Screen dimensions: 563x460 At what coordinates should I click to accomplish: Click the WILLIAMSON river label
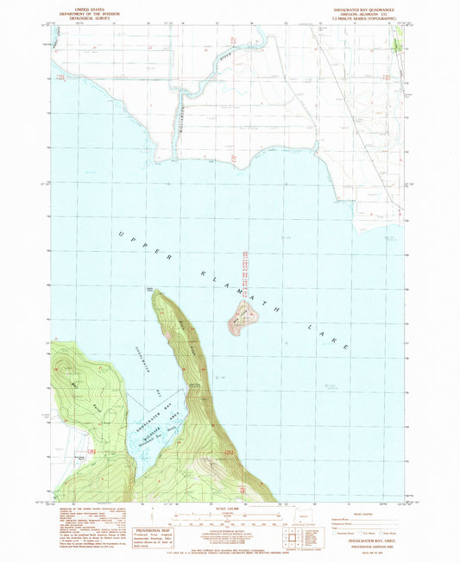(182, 98)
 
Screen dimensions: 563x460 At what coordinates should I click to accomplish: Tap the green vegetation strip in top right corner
(399, 39)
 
